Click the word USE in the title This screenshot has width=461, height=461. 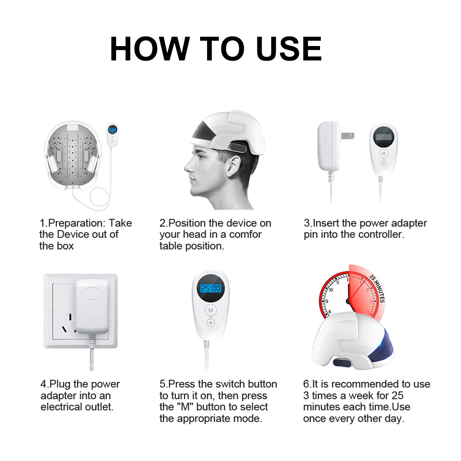(289, 49)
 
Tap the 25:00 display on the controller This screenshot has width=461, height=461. (211, 288)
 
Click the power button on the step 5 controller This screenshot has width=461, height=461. (211, 323)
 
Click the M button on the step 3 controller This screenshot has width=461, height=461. (383, 153)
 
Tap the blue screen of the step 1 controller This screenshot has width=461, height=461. (113, 130)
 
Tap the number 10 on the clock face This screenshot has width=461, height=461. (330, 290)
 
